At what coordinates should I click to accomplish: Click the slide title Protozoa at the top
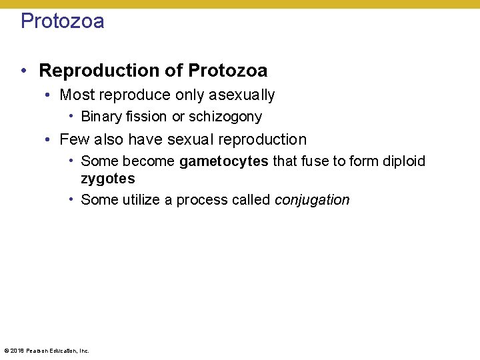coord(63,21)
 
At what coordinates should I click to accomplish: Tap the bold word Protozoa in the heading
coord(228,71)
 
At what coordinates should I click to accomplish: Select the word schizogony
coord(225,117)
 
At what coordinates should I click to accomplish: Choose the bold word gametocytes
coord(224,161)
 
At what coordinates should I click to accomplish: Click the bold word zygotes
coord(108,179)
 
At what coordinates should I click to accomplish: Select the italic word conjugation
coord(312,200)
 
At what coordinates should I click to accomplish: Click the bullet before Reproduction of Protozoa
coord(24,71)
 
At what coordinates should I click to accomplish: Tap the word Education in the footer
coord(62,351)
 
